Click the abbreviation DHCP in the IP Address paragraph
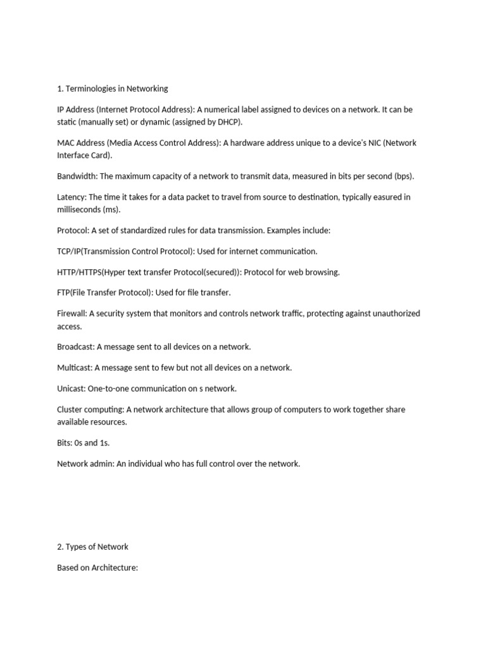tap(228, 122)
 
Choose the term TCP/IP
tap(70, 251)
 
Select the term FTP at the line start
tap(63, 293)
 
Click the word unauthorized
tap(395, 313)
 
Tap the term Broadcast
tap(75, 347)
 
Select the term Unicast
tap(71, 389)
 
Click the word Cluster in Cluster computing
tap(70, 409)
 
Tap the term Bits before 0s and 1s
tap(65, 443)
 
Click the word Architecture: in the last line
tap(115, 567)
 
